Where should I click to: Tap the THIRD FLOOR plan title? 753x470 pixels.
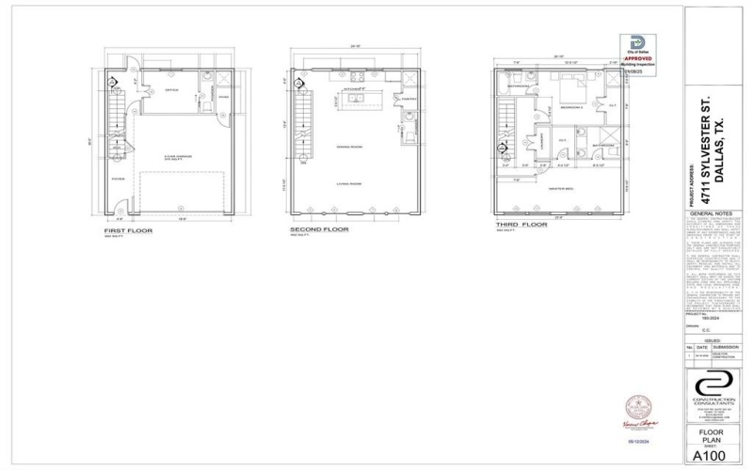tap(520, 226)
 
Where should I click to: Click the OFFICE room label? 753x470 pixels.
tap(171, 90)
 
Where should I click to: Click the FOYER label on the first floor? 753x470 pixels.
tap(118, 176)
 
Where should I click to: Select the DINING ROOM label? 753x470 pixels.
tap(349, 146)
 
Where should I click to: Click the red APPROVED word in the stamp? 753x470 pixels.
tap(639, 58)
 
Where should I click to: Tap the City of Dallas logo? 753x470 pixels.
tap(639, 43)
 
